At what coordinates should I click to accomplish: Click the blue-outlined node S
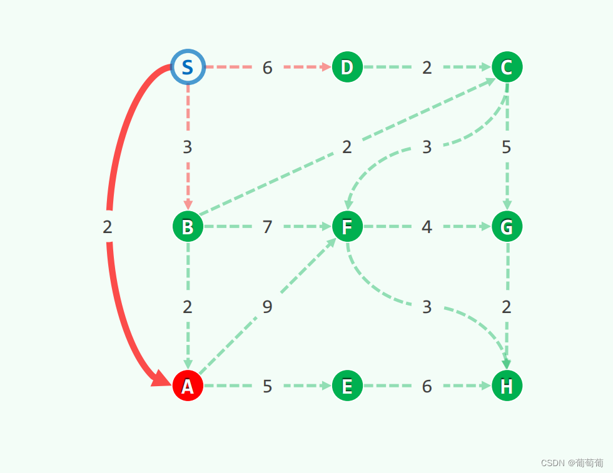click(x=188, y=67)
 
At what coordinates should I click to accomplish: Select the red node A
click(x=188, y=386)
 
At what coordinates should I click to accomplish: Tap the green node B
click(x=188, y=227)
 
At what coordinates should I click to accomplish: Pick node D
click(x=347, y=67)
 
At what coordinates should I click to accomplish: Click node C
click(x=507, y=67)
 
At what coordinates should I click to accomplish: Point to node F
click(x=347, y=226)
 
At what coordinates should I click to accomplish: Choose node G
click(x=507, y=226)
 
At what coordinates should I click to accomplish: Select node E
click(x=347, y=386)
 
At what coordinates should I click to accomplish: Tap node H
click(x=507, y=386)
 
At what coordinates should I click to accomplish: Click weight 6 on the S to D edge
click(x=267, y=67)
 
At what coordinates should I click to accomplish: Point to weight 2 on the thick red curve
click(x=108, y=227)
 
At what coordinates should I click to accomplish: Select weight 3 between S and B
click(x=188, y=147)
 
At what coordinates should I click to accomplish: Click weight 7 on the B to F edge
click(x=267, y=227)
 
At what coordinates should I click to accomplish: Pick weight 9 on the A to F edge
click(x=267, y=307)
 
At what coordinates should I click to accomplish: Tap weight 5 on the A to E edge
click(x=267, y=387)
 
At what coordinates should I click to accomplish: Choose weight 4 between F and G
click(x=427, y=227)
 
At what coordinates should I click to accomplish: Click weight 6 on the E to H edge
click(x=427, y=387)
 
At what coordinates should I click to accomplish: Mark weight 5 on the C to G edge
click(x=507, y=147)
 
